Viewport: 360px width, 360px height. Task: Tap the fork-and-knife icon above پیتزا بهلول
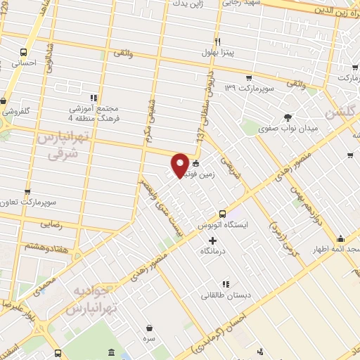tap(218, 41)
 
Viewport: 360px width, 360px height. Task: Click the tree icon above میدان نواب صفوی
tap(287, 117)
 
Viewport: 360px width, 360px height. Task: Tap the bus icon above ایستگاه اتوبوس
tap(222, 214)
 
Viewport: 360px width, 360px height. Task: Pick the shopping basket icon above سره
tap(150, 328)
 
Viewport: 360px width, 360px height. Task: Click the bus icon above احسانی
tap(25, 52)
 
